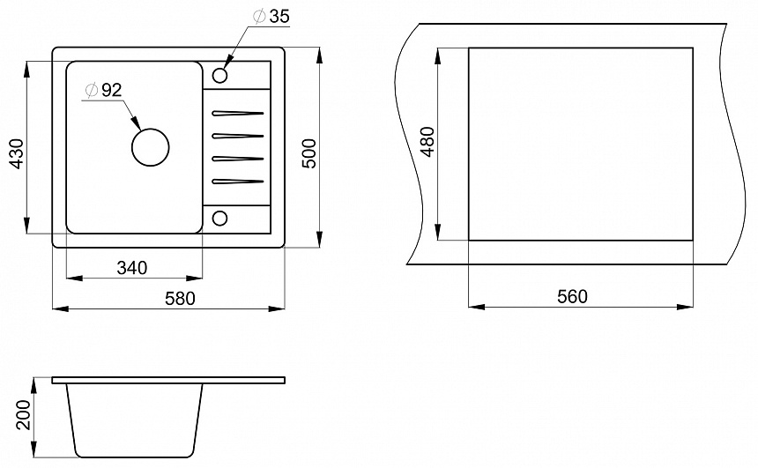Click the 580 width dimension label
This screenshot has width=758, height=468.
pyautogui.click(x=180, y=298)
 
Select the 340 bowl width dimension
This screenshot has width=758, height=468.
pyautogui.click(x=131, y=267)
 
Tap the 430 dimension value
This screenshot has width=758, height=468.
pyautogui.click(x=17, y=153)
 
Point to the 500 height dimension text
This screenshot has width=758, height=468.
pyautogui.click(x=308, y=153)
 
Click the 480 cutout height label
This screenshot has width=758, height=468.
pyautogui.click(x=428, y=142)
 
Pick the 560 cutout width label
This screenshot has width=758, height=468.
pyautogui.click(x=572, y=296)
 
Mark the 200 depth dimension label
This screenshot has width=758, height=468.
pyautogui.click(x=23, y=415)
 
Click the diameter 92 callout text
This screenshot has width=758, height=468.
pyautogui.click(x=103, y=90)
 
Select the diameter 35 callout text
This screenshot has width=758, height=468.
pyautogui.click(x=271, y=17)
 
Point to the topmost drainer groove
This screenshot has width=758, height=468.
pyautogui.click(x=237, y=114)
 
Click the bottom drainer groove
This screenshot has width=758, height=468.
pyautogui.click(x=237, y=182)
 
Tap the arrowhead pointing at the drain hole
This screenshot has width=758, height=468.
pyautogui.click(x=136, y=123)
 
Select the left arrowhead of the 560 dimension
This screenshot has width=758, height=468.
pyautogui.click(x=477, y=307)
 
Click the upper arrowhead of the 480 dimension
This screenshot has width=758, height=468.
pyautogui.click(x=438, y=56)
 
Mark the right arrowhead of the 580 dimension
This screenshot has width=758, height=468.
pyautogui.click(x=277, y=308)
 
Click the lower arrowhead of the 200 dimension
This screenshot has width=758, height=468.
pyautogui.click(x=34, y=449)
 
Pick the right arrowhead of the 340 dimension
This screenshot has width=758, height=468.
pyautogui.click(x=194, y=278)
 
